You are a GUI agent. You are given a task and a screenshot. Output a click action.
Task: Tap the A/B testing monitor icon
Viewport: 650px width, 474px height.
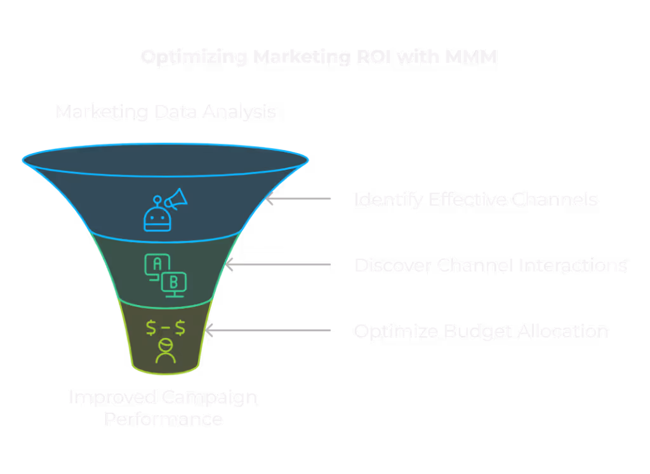click(x=166, y=274)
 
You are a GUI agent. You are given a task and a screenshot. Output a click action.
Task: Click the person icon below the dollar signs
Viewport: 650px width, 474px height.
click(x=166, y=351)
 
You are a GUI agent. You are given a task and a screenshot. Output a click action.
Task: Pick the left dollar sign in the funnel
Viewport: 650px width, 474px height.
click(x=151, y=328)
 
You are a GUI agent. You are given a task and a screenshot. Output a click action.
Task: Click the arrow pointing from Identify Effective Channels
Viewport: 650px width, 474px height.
click(x=298, y=199)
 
